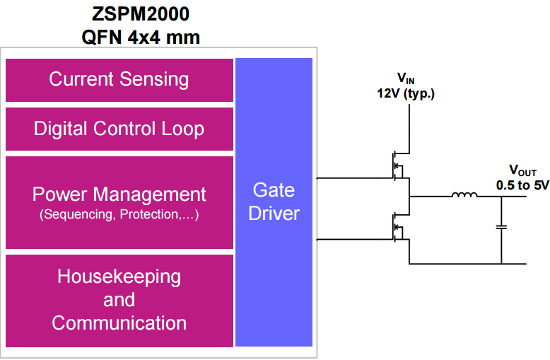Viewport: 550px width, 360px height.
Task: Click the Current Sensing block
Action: pyautogui.click(x=119, y=79)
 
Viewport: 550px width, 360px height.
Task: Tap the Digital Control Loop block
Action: pyautogui.click(x=119, y=129)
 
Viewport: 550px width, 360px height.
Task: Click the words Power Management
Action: pyautogui.click(x=119, y=194)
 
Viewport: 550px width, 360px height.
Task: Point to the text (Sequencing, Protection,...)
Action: pyautogui.click(x=119, y=214)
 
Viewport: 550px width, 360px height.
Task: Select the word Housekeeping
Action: pyautogui.click(x=119, y=276)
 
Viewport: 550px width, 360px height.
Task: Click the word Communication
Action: pyautogui.click(x=119, y=323)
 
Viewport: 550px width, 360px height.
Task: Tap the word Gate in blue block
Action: pyautogui.click(x=274, y=190)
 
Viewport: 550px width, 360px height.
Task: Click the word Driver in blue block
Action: pyautogui.click(x=274, y=214)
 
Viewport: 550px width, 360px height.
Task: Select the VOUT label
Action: pyautogui.click(x=523, y=171)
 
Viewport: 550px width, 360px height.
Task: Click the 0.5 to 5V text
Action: pyautogui.click(x=523, y=185)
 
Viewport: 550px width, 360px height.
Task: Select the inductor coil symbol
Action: pyautogui.click(x=464, y=196)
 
